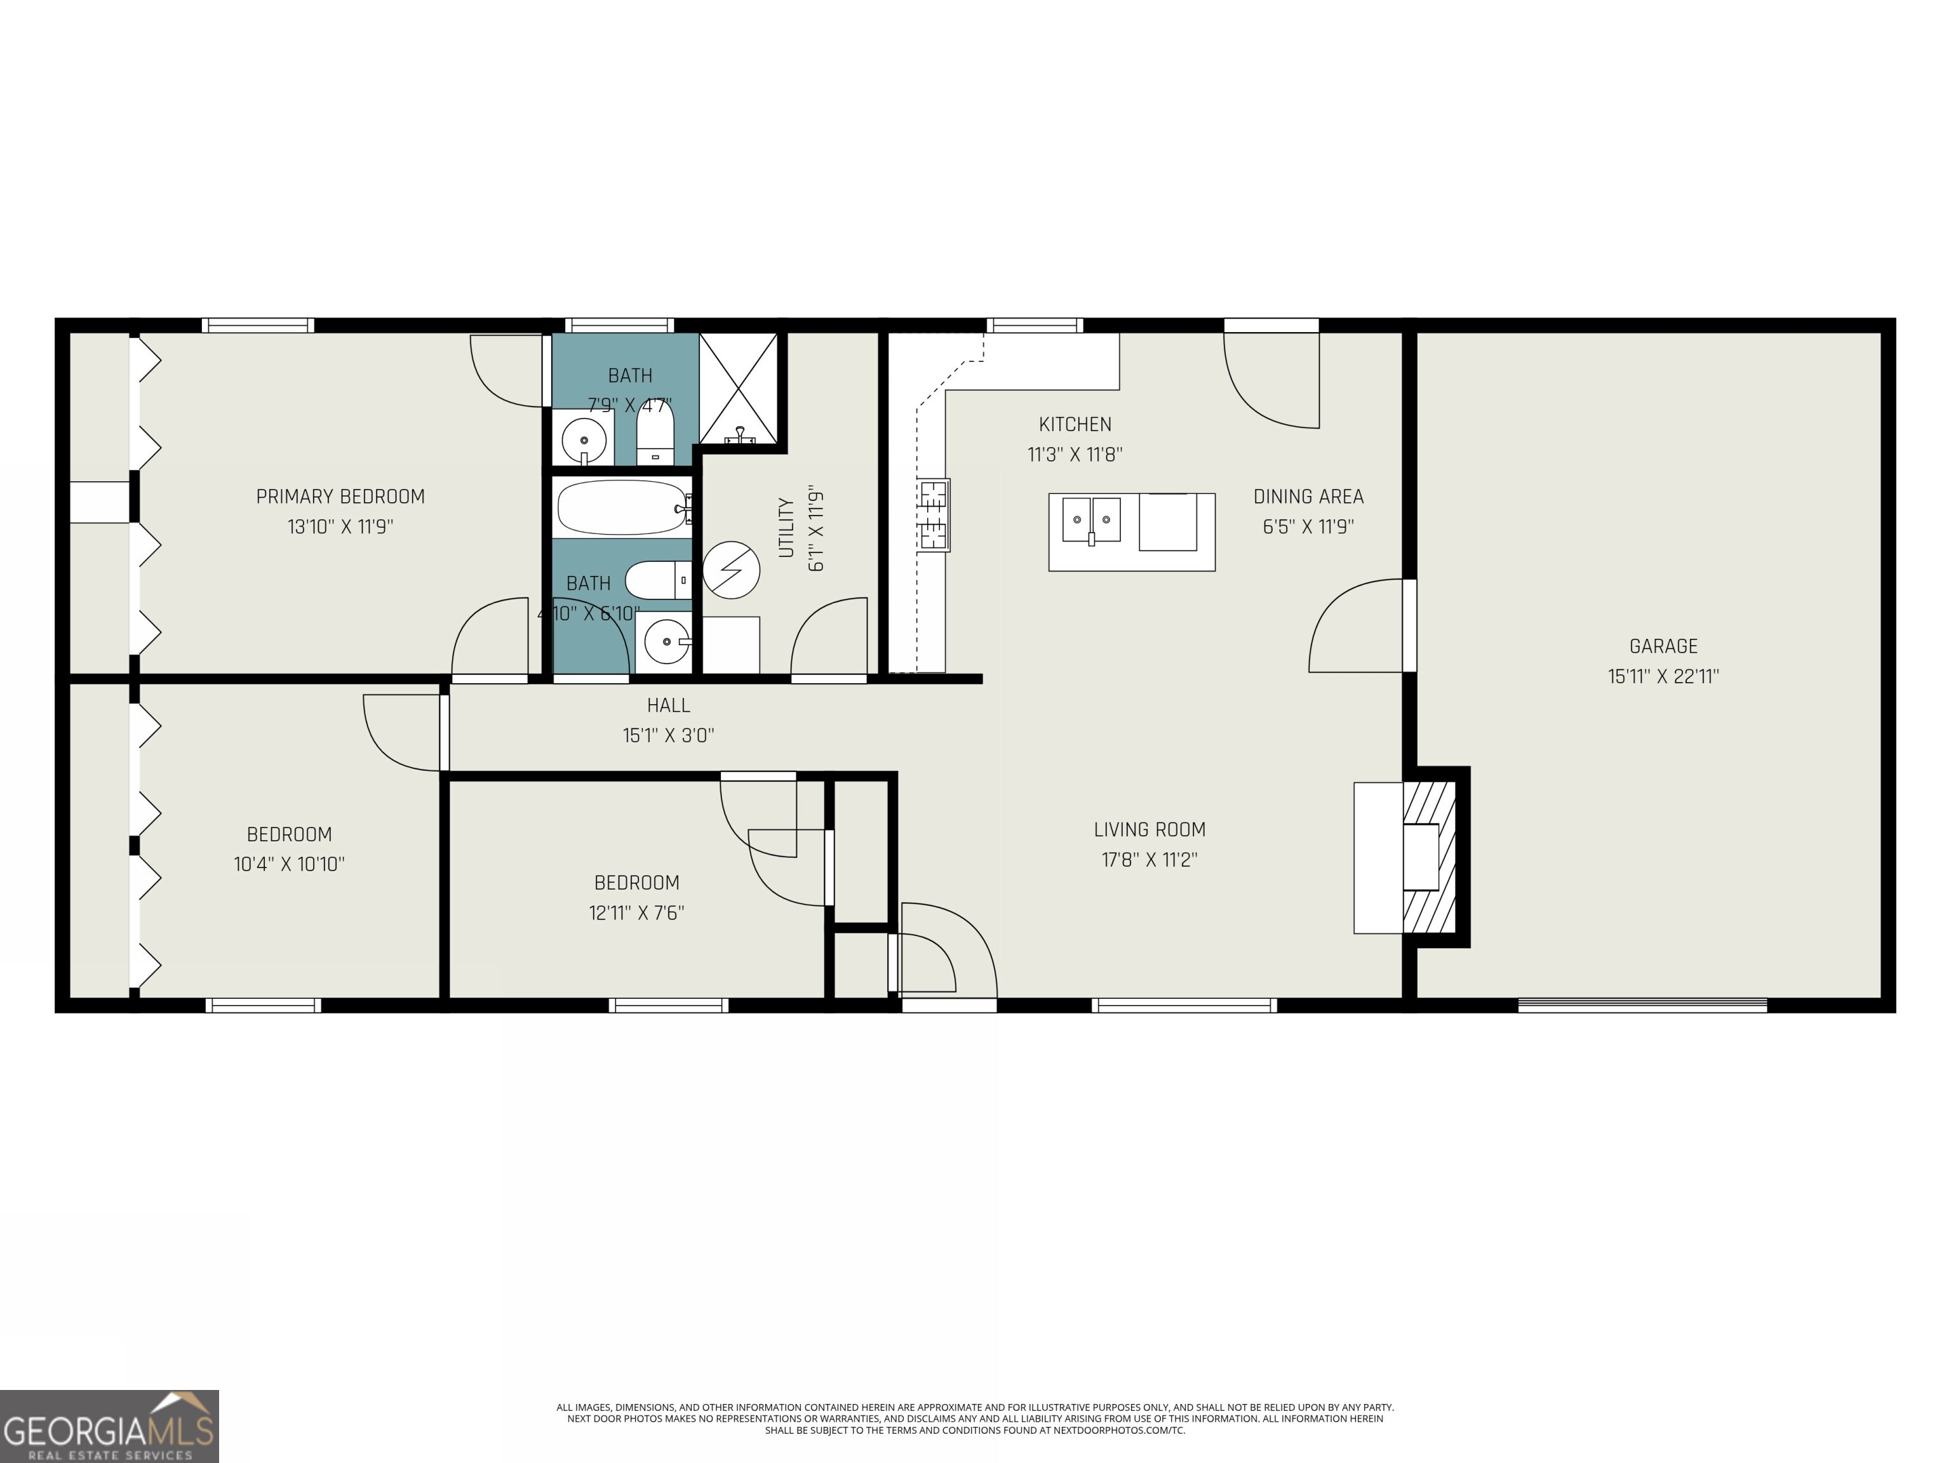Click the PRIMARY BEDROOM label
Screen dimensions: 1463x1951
click(340, 497)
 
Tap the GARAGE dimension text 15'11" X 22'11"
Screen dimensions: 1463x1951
click(1663, 676)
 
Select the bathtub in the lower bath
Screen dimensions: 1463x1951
click(622, 507)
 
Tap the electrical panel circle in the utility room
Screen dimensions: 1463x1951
click(731, 570)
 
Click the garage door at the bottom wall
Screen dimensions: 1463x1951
click(1642, 1005)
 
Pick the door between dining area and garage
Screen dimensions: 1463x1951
click(1409, 625)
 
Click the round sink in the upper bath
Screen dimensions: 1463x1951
click(584, 438)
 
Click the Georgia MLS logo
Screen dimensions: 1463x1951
click(109, 1426)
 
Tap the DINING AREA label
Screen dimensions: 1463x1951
click(1308, 497)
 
